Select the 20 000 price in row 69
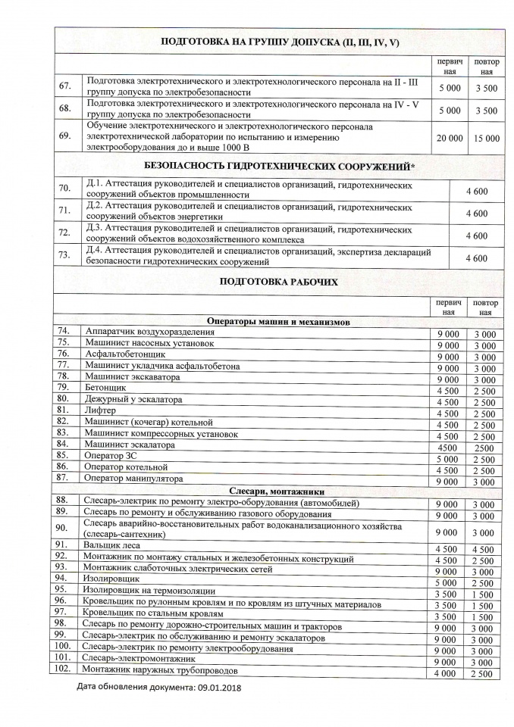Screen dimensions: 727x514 tap(450, 138)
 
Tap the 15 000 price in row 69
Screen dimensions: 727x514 tap(486, 138)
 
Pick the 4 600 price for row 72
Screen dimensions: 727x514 tap(476, 236)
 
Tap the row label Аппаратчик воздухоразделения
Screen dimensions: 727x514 tap(143, 332)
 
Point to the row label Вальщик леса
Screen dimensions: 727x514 tap(112, 545)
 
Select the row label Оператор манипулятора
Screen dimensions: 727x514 tap(133, 479)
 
